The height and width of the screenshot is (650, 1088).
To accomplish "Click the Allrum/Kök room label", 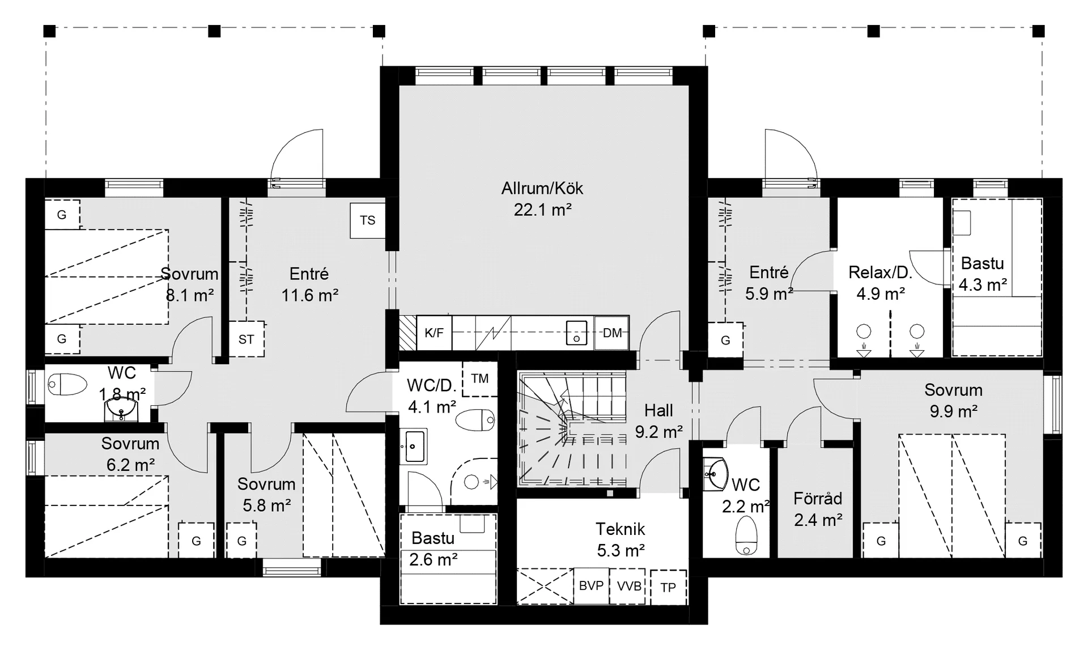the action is coord(542,188).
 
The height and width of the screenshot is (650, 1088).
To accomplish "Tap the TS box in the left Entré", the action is coord(368,220).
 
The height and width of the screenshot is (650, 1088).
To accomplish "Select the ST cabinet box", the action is coord(246,339).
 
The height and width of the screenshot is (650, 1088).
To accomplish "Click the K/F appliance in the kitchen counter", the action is coord(434,333).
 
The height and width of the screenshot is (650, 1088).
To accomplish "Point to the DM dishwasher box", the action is coord(612,333).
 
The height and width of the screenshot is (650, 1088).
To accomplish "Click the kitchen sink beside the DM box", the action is coord(576,333).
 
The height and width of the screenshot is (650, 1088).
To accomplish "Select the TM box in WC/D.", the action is coord(480,379).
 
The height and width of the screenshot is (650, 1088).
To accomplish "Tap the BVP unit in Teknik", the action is coord(591,586).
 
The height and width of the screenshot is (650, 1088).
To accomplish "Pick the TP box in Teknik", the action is coord(669,588).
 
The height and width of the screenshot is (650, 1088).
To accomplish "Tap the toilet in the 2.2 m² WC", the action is coord(746,536).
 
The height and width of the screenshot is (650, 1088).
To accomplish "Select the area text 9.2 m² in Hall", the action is coord(658,432).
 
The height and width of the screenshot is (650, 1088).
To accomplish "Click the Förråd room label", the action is coord(818,499).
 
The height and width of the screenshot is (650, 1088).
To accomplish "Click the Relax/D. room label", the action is coord(880,273).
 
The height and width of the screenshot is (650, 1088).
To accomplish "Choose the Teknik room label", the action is coord(620,529).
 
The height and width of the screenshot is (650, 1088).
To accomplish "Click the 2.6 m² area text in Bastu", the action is coord(433,559).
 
